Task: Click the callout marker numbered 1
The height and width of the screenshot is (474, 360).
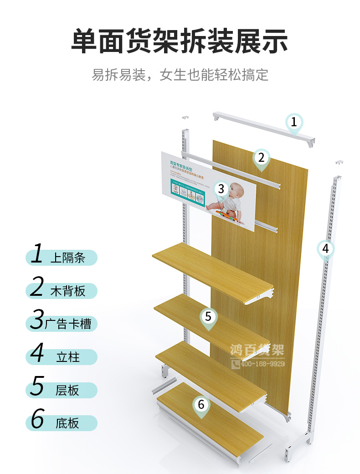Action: (x=294, y=122)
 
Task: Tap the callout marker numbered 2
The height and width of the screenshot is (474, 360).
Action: (x=261, y=158)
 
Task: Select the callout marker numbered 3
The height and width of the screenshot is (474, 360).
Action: (x=221, y=189)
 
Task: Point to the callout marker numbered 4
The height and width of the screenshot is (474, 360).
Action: (x=325, y=249)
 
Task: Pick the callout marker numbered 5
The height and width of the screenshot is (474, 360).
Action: (x=208, y=315)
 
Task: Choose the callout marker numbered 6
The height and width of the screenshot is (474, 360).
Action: (x=201, y=404)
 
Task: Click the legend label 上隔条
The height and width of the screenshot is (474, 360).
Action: (x=67, y=258)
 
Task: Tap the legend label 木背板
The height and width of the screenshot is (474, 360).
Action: (x=67, y=291)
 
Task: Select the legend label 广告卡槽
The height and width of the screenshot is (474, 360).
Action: (x=68, y=324)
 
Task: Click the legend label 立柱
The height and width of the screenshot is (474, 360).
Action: (x=67, y=357)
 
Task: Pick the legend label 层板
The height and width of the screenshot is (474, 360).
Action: (x=67, y=390)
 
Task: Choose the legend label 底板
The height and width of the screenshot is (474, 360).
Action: (x=67, y=423)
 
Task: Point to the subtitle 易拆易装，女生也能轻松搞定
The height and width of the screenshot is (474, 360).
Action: (x=180, y=74)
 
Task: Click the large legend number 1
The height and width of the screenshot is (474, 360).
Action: (x=38, y=254)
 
